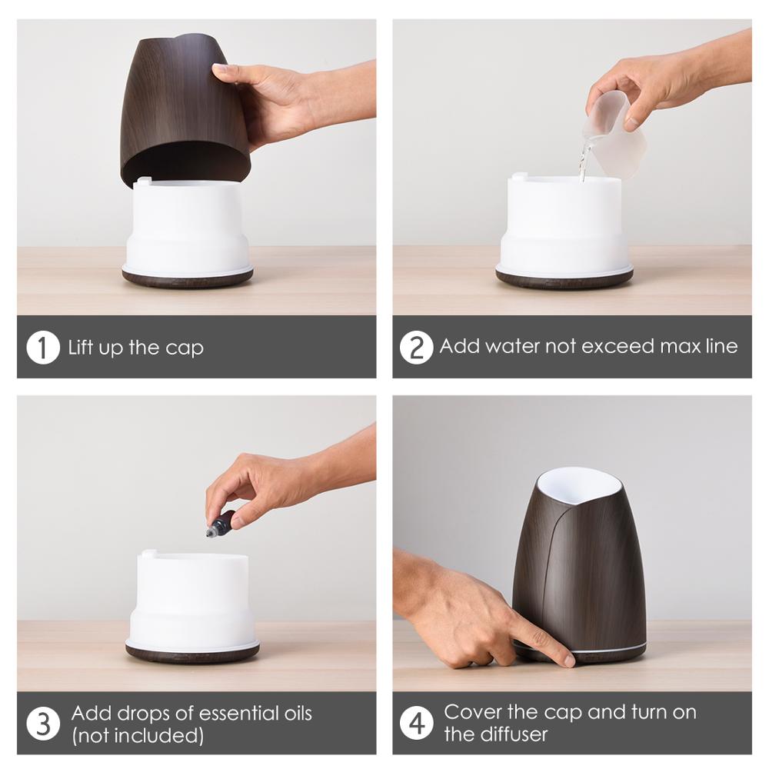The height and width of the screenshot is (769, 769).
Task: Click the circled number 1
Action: pyautogui.click(x=42, y=348)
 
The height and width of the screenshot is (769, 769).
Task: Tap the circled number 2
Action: pyautogui.click(x=416, y=348)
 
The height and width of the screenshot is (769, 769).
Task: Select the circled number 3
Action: pyautogui.click(x=42, y=724)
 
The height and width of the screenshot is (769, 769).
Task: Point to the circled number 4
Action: pyautogui.click(x=416, y=724)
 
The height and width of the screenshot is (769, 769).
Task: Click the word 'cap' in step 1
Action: pyautogui.click(x=184, y=348)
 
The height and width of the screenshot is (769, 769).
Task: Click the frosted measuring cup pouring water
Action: pyautogui.click(x=613, y=138)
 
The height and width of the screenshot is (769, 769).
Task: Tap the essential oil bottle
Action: pyautogui.click(x=221, y=524)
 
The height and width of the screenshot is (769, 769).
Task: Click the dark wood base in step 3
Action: pyautogui.click(x=192, y=654)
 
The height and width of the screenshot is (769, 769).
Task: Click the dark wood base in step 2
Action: pyautogui.click(x=564, y=281)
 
